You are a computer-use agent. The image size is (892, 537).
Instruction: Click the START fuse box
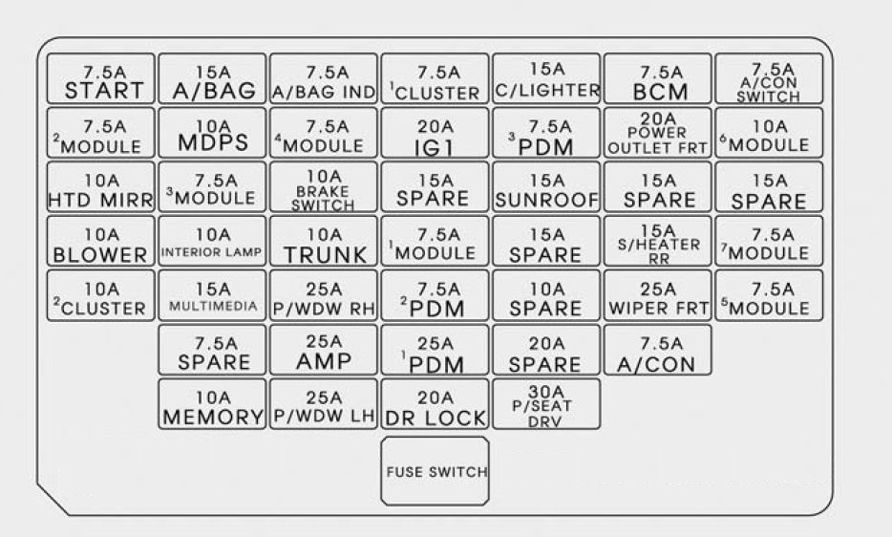tap(100, 78)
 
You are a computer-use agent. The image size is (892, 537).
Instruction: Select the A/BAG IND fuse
tap(324, 78)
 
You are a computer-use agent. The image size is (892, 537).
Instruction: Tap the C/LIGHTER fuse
tap(546, 78)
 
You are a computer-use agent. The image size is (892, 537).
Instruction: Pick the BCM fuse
tap(658, 78)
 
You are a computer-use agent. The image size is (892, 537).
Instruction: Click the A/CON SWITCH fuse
tap(769, 78)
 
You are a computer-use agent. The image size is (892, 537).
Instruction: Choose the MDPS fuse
tap(212, 133)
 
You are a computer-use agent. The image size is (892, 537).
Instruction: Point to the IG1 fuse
tap(435, 133)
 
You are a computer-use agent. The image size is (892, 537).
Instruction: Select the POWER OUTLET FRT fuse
tap(658, 133)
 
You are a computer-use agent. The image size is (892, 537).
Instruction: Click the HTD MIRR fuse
tap(100, 186)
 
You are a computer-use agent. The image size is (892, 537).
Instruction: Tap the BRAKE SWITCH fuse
tap(324, 186)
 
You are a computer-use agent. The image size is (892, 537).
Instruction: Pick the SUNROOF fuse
tap(546, 186)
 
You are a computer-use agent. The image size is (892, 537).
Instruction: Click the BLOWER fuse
tap(100, 241)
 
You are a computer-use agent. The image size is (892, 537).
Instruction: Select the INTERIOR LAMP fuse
tap(212, 241)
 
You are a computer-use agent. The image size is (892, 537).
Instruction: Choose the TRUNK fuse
tap(324, 241)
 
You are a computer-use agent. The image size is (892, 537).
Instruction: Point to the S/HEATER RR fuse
tap(658, 241)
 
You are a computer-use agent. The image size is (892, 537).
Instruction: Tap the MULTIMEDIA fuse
tap(212, 295)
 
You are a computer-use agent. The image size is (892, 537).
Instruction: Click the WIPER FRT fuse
tap(658, 295)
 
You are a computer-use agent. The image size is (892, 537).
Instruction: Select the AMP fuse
tap(324, 350)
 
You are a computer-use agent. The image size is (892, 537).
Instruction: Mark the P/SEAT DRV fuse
tap(546, 404)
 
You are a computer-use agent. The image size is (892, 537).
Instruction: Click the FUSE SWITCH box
tap(435, 471)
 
